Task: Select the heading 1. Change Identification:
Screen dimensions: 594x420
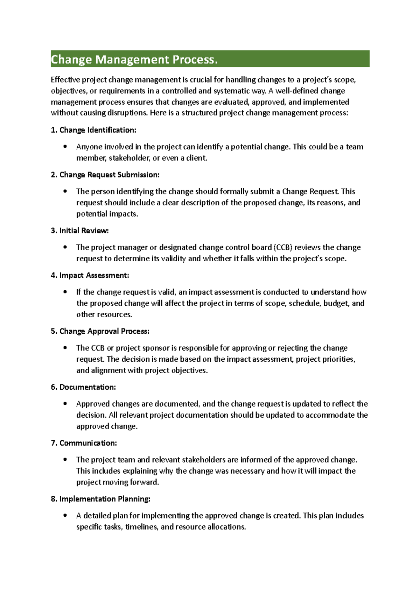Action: click(93, 130)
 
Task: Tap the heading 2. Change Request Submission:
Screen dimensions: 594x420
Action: click(105, 175)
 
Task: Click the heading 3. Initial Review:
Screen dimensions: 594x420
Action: click(80, 231)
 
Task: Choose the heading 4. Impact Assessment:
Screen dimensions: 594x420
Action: click(90, 276)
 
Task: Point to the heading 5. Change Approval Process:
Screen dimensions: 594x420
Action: click(100, 331)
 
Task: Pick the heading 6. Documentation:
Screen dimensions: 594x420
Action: click(83, 387)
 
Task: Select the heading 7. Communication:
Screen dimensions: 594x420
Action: click(84, 443)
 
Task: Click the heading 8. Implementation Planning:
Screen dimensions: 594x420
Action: click(100, 499)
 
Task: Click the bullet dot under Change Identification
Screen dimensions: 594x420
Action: click(65, 147)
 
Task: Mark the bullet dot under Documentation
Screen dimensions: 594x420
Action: click(65, 404)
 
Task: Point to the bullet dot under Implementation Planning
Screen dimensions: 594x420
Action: click(65, 516)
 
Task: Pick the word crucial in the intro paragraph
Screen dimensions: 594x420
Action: click(201, 80)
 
